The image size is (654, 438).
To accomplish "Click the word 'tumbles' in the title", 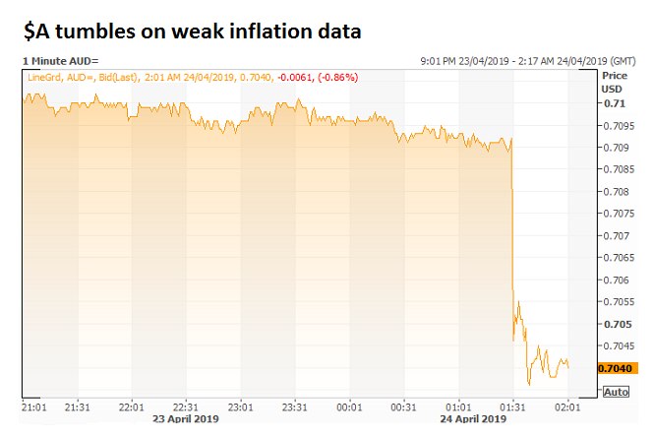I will (102, 31).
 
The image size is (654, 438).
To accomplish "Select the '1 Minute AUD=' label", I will (61, 61).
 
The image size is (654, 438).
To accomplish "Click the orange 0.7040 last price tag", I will (612, 368).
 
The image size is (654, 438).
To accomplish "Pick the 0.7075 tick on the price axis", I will (615, 214).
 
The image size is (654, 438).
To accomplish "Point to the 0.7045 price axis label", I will (615, 345).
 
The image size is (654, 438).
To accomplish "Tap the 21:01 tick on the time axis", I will (34, 407).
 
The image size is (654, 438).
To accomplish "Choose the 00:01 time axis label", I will (350, 407).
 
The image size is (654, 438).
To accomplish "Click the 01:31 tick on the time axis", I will (512, 407).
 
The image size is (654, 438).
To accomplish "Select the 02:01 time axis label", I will (567, 407).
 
